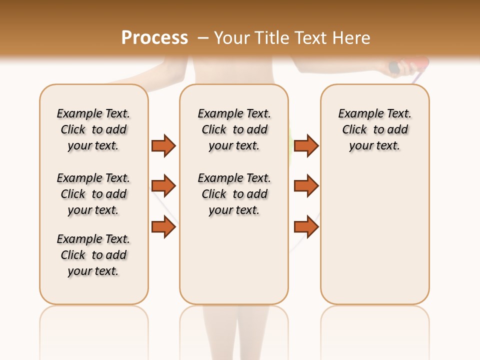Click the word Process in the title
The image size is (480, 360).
pyautogui.click(x=154, y=38)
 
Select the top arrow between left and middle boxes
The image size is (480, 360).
pyautogui.click(x=163, y=145)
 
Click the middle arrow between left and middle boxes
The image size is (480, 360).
pyautogui.click(x=163, y=186)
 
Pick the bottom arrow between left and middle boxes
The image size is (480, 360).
pyautogui.click(x=163, y=226)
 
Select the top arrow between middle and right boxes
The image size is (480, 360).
pyautogui.click(x=306, y=145)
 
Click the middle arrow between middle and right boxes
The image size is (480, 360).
pyautogui.click(x=306, y=186)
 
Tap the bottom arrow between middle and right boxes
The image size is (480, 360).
pyautogui.click(x=306, y=226)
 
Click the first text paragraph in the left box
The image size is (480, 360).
pyautogui.click(x=93, y=129)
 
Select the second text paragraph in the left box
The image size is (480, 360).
pyautogui.click(x=93, y=194)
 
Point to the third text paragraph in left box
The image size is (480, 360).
pyautogui.click(x=93, y=255)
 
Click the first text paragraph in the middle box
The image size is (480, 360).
pyautogui.click(x=234, y=129)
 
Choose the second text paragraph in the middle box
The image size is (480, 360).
pyautogui.click(x=234, y=194)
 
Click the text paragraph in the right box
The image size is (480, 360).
pyautogui.click(x=375, y=129)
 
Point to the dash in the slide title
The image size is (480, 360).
pyautogui.click(x=203, y=38)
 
